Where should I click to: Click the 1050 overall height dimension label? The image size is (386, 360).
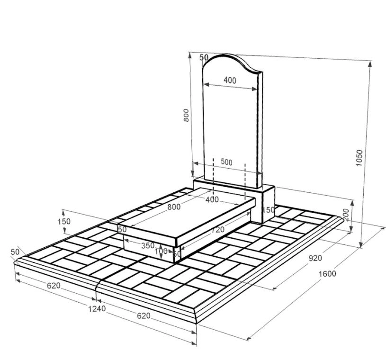click(x=359, y=158)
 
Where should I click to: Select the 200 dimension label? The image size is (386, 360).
click(x=346, y=215)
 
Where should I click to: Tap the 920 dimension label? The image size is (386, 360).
click(x=315, y=258)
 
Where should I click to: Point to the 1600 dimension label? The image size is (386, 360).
click(x=327, y=274)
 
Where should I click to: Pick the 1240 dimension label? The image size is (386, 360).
click(x=97, y=308)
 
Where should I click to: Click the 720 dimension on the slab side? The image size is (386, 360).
click(x=218, y=230)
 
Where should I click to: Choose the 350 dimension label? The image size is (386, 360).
click(x=148, y=245)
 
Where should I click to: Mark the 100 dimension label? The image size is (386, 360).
click(x=161, y=252)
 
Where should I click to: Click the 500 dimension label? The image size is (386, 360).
click(x=226, y=162)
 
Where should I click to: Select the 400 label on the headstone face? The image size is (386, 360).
click(x=230, y=80)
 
